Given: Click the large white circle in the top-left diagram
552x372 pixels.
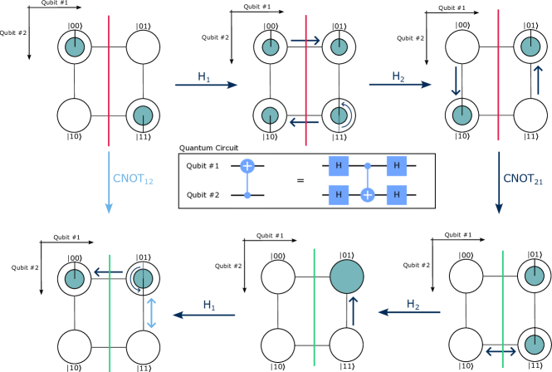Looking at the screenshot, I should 143,47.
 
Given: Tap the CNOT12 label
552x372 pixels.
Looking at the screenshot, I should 133,179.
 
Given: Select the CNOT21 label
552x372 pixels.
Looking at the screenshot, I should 522,179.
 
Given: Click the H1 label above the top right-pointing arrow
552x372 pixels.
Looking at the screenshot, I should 204,76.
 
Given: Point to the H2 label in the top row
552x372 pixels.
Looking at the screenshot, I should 398,76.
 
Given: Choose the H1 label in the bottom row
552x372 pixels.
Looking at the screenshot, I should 209,305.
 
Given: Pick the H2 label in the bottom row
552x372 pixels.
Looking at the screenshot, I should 413,304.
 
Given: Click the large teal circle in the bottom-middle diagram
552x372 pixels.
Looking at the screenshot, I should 347,277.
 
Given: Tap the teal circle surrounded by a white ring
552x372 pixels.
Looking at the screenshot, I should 339,47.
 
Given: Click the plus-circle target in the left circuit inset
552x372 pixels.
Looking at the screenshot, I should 247,166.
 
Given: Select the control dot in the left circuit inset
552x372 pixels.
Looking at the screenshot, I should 247,195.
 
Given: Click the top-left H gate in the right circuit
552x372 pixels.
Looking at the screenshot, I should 338,166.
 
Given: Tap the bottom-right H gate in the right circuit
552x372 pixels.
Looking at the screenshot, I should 397,195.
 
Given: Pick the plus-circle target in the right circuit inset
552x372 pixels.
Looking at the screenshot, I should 368,195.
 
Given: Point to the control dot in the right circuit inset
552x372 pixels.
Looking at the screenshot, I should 368,166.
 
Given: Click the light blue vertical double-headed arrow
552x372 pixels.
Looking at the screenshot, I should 151,313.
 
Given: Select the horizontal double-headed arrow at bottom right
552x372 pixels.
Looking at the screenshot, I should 501,351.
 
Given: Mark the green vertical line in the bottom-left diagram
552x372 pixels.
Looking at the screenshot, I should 110,316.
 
